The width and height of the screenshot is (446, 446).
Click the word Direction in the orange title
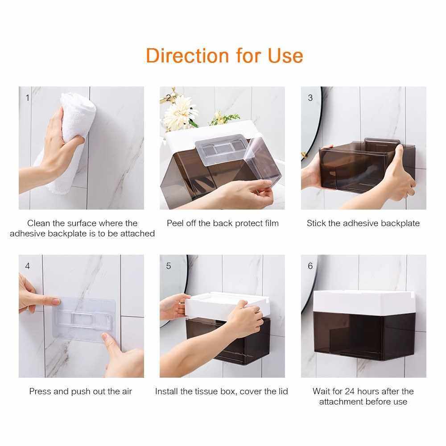point(187,55)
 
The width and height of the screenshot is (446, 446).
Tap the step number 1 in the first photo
point(27,98)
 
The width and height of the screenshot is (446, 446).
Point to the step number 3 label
point(310,98)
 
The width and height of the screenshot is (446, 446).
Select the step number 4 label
point(27,266)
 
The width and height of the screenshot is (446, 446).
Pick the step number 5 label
point(169,266)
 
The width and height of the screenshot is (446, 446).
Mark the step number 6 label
point(310,266)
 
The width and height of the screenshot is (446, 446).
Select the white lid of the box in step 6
point(364,301)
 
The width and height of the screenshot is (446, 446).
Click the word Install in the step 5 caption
point(166,392)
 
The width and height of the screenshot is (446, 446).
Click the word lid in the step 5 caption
point(283,392)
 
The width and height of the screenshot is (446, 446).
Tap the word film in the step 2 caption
point(271,223)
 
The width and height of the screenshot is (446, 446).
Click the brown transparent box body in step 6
point(364,336)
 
